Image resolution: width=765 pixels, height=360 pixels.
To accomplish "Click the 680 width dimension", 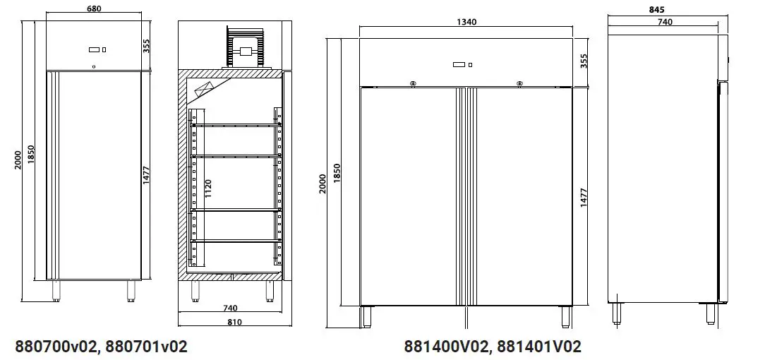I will [x=92, y=9].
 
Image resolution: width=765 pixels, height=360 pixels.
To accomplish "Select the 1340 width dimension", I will [x=466, y=22].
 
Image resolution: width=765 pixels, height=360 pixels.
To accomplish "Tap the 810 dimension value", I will [x=235, y=322].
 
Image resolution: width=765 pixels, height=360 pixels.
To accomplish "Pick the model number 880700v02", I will [x=56, y=347].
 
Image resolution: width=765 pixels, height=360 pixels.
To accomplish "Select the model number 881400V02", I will [x=446, y=347].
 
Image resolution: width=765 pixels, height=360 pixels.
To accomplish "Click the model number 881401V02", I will [x=539, y=347].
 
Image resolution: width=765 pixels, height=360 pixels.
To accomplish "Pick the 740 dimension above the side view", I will [x=665, y=22].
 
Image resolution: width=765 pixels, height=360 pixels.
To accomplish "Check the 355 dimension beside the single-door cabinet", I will [x=147, y=46].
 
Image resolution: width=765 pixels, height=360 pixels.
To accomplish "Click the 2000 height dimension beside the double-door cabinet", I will [x=323, y=185].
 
